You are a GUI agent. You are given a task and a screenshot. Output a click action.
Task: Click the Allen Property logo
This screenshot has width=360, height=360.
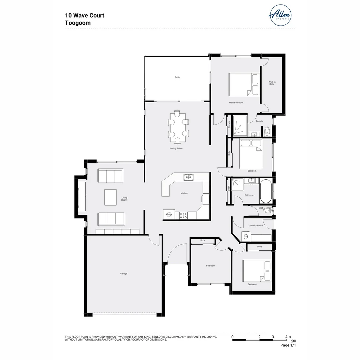(280, 15)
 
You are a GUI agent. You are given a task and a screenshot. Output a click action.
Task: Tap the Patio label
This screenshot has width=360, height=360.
(177, 77)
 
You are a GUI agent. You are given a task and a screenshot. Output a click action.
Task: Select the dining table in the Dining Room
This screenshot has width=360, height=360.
(178, 125)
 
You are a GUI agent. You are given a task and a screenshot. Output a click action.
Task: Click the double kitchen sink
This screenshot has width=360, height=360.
(188, 177)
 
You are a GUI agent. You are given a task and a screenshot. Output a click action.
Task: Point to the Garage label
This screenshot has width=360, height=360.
(124, 274)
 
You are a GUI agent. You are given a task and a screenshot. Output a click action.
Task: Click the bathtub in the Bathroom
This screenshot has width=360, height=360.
(266, 191)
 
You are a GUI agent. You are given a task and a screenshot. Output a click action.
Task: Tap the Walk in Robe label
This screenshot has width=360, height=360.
(272, 83)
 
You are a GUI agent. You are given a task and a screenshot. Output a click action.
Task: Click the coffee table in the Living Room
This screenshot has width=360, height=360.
(110, 197)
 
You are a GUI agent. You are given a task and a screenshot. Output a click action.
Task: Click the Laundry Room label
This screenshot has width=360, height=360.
(256, 226)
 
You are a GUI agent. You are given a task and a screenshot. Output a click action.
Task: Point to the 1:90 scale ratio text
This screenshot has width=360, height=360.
(292, 341)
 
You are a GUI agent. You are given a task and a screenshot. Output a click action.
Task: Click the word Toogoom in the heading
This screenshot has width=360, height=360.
(78, 23)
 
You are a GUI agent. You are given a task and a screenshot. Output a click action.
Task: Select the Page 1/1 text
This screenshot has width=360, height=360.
(288, 345)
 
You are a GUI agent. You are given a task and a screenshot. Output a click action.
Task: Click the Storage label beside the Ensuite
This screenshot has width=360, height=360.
(229, 125)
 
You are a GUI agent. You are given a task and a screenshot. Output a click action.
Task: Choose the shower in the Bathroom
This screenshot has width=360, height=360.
(238, 185)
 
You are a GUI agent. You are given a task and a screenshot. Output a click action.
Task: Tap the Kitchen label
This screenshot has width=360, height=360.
(184, 193)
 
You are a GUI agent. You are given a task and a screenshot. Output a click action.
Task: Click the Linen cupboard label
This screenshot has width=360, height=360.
(229, 188)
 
